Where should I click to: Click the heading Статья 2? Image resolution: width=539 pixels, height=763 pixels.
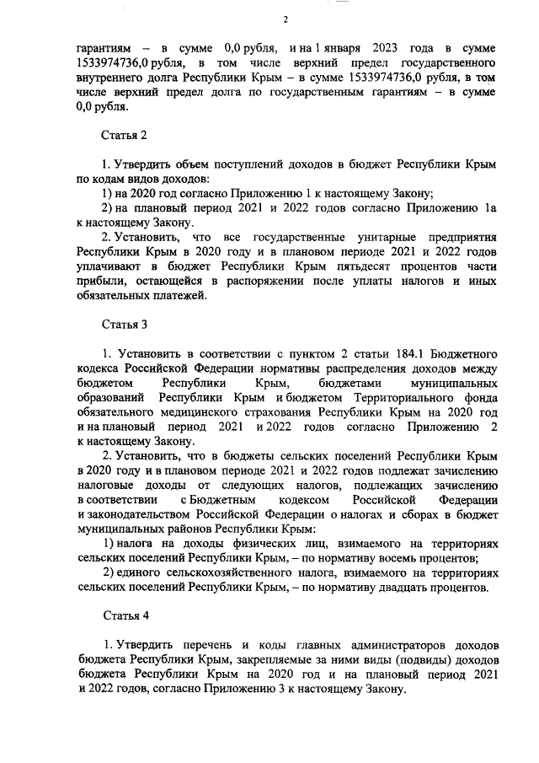124,135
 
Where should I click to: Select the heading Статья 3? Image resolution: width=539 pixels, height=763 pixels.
124,324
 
